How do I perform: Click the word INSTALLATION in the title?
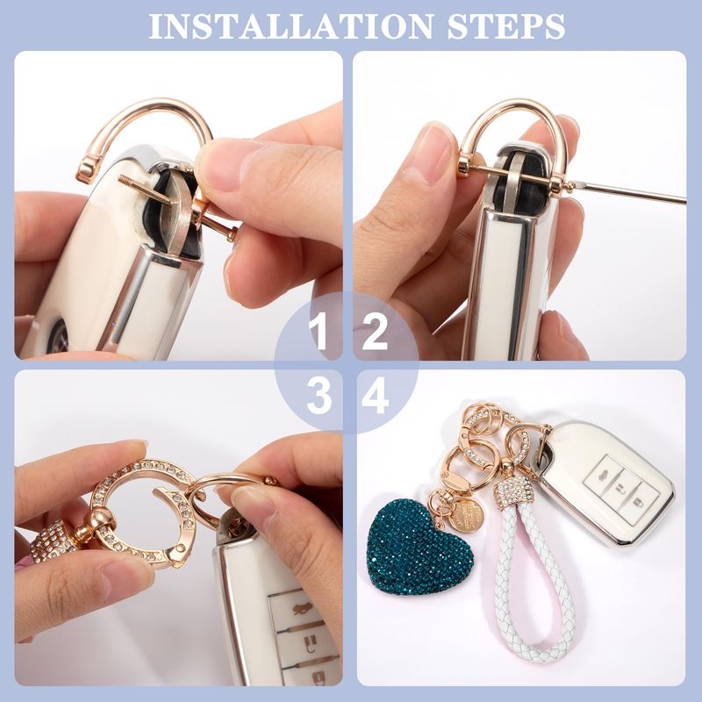tap(290, 26)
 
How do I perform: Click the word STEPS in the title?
tap(506, 26)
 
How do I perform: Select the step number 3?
tap(319, 398)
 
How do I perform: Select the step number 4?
tap(376, 398)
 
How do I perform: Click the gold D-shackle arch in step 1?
tap(147, 107)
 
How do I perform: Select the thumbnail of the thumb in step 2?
tap(432, 154)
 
